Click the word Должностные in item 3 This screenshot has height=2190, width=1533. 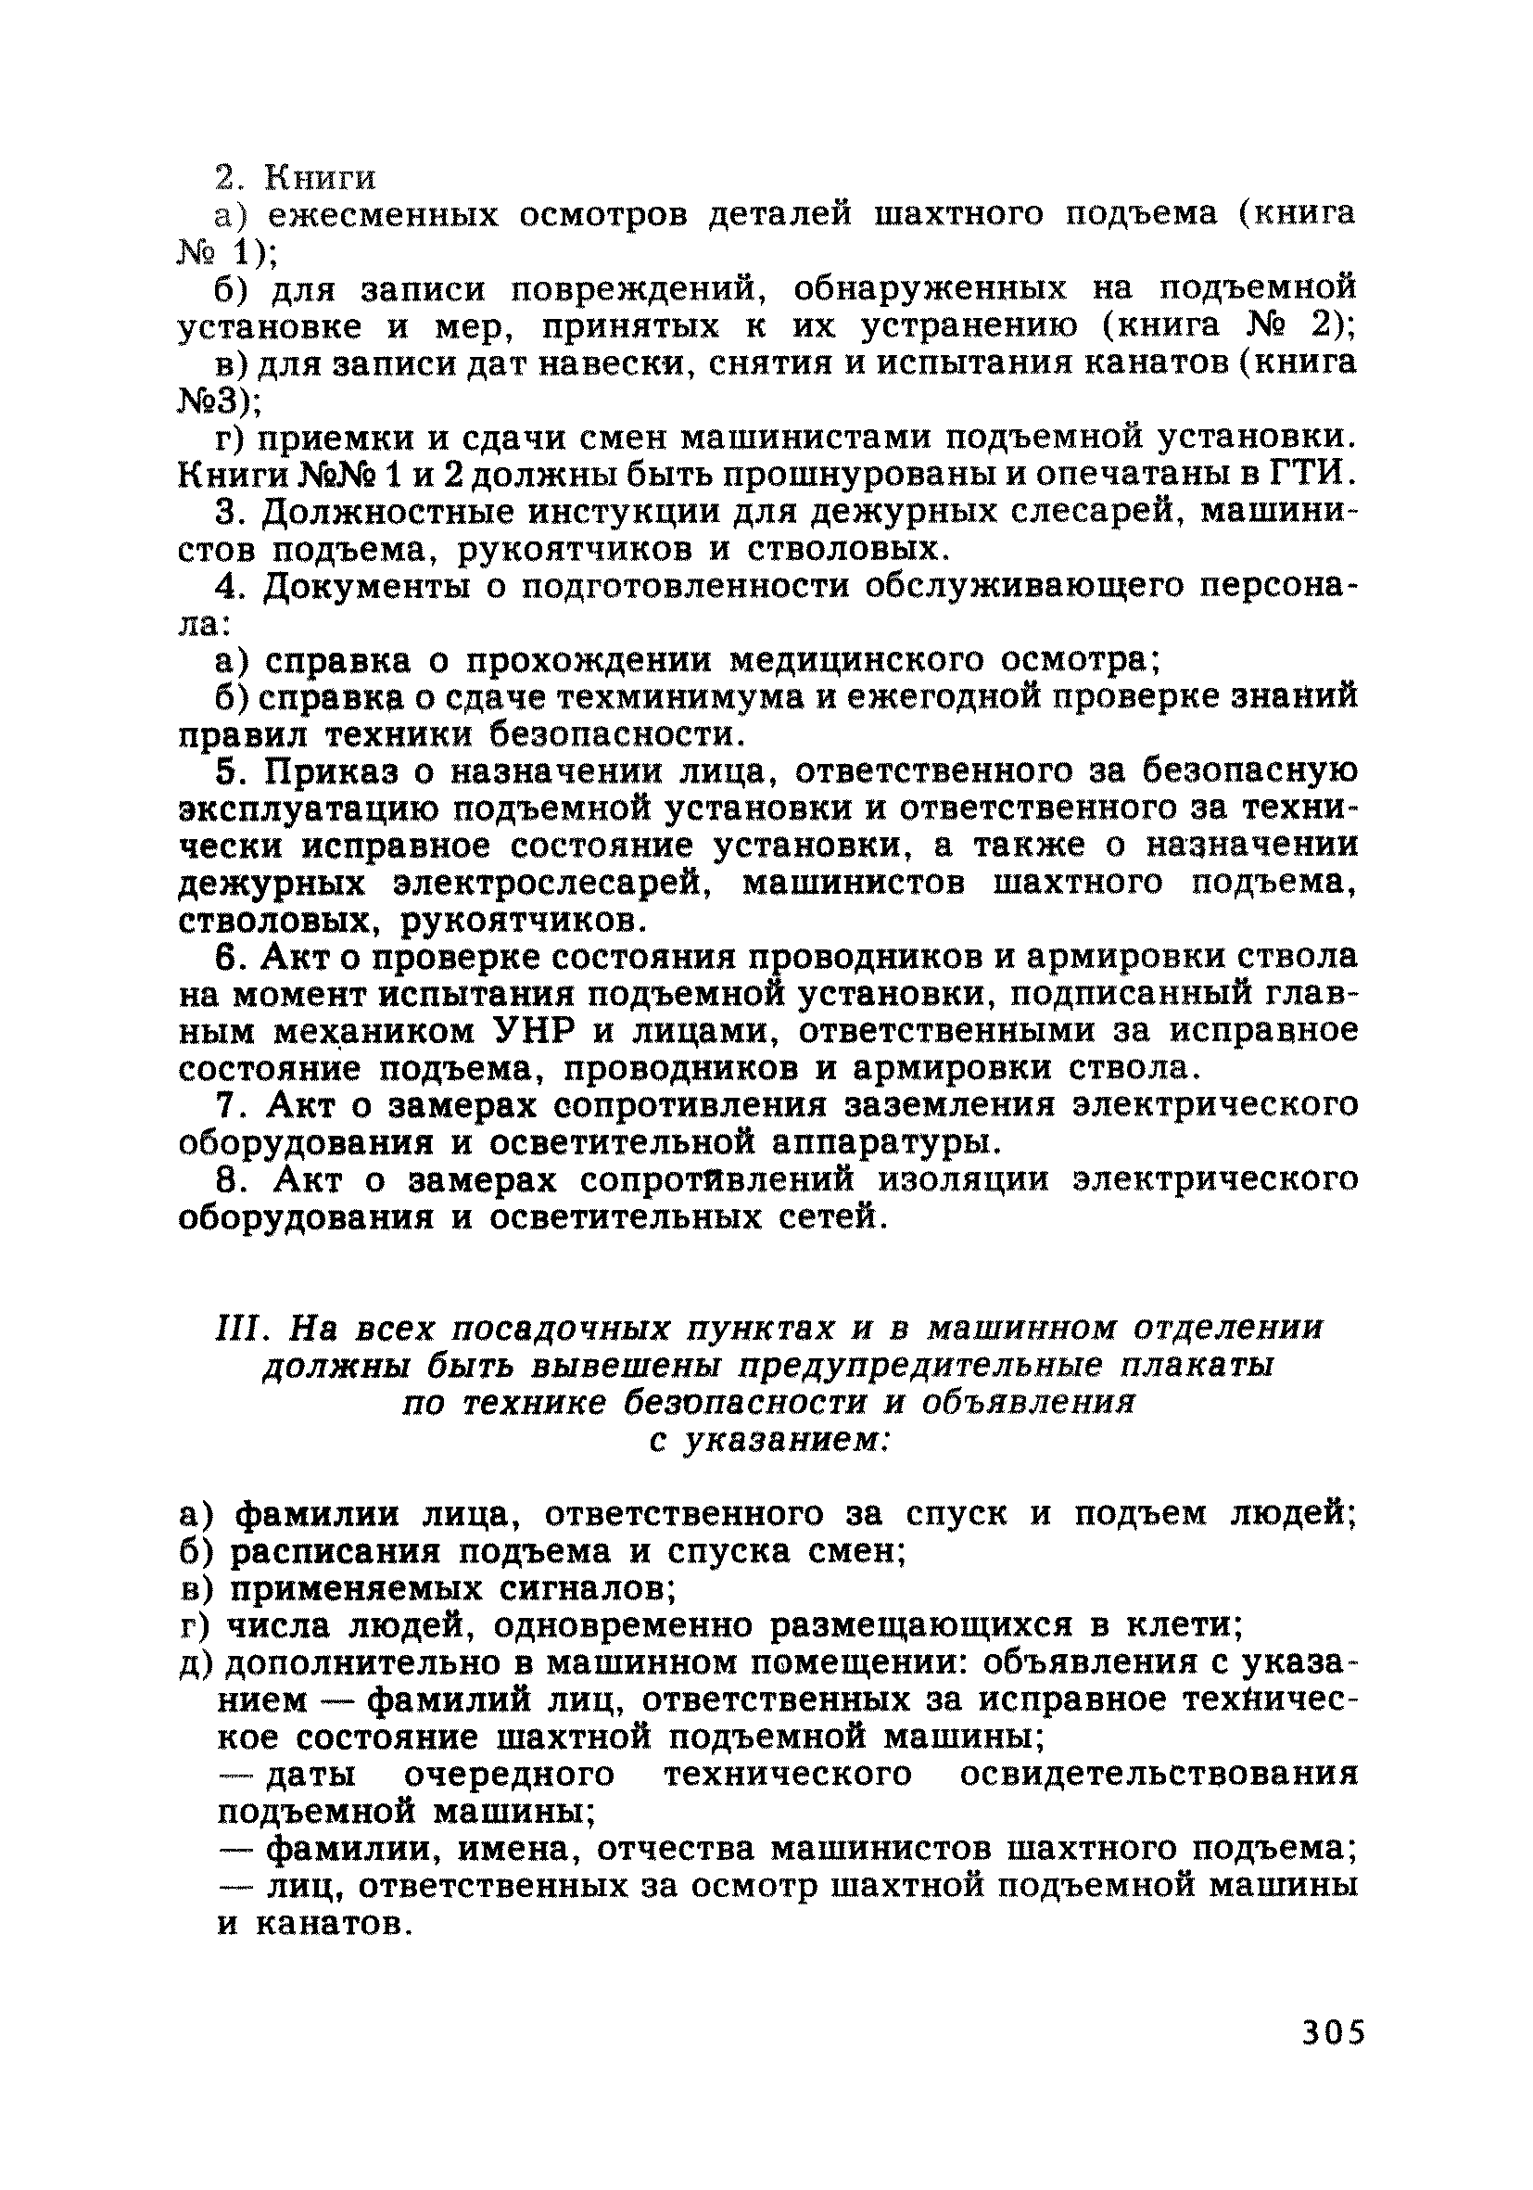tap(389, 512)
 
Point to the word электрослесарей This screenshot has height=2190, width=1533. tap(554, 884)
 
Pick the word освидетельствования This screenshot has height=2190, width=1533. tap(1158, 1775)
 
